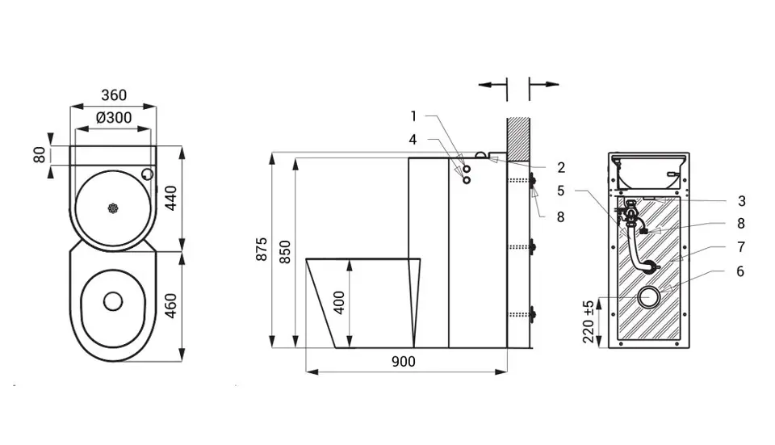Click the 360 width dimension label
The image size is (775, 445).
point(114,95)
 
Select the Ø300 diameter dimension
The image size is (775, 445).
point(114,118)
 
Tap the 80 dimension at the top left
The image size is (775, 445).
point(40,155)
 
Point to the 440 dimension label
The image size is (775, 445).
point(170,198)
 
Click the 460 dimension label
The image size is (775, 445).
point(170,306)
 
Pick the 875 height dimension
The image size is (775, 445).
point(262,250)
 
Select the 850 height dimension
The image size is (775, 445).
point(285,252)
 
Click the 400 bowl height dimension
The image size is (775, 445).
point(339,303)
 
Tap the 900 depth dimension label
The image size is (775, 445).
point(404,362)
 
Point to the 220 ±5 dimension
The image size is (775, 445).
point(589,322)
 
